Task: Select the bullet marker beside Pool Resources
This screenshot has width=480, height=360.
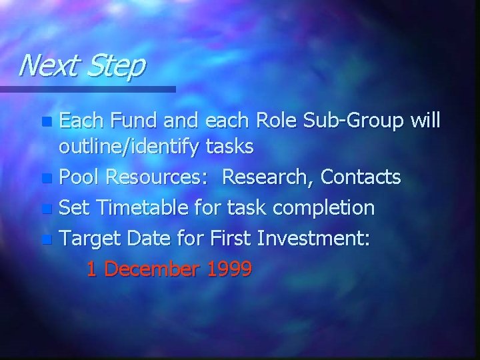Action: click(45, 179)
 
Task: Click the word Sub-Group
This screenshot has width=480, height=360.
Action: click(371, 123)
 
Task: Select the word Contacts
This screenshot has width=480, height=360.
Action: click(362, 177)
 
